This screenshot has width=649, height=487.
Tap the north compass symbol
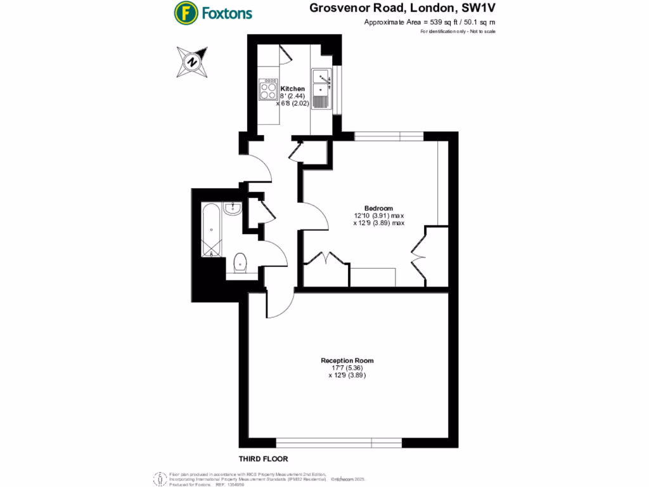tap(191, 62)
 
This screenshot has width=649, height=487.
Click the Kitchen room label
tap(293, 89)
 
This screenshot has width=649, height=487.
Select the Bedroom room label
tap(378, 209)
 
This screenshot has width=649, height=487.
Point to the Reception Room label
tap(347, 361)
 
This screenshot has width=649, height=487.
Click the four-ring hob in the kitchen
tap(268, 91)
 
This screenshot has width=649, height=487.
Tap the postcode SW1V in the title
tap(475, 8)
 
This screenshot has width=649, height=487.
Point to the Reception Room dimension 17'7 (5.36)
tap(347, 368)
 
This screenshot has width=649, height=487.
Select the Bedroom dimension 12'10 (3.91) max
tap(379, 216)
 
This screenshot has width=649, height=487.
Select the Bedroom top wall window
tap(388, 135)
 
